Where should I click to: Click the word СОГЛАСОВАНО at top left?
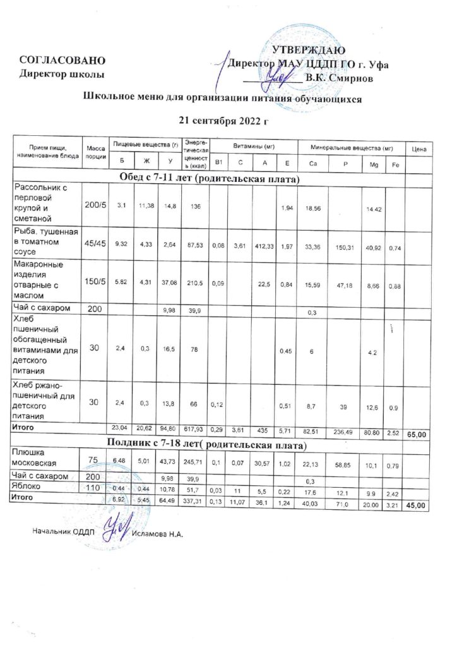[x=61, y=61]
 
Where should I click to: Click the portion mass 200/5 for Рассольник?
[x=95, y=202]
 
